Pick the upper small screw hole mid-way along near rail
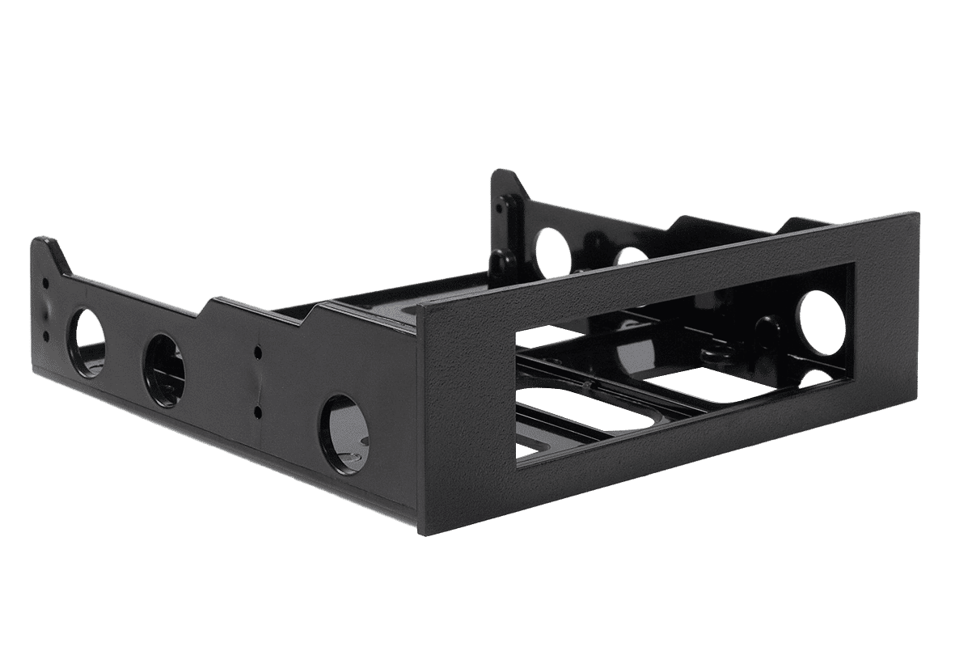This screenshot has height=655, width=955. pyautogui.click(x=257, y=353)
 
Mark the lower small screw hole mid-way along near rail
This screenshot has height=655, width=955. pyautogui.click(x=257, y=412)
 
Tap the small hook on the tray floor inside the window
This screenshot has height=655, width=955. pyautogui.click(x=712, y=353)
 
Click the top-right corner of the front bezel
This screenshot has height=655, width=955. pyautogui.click(x=917, y=213)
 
